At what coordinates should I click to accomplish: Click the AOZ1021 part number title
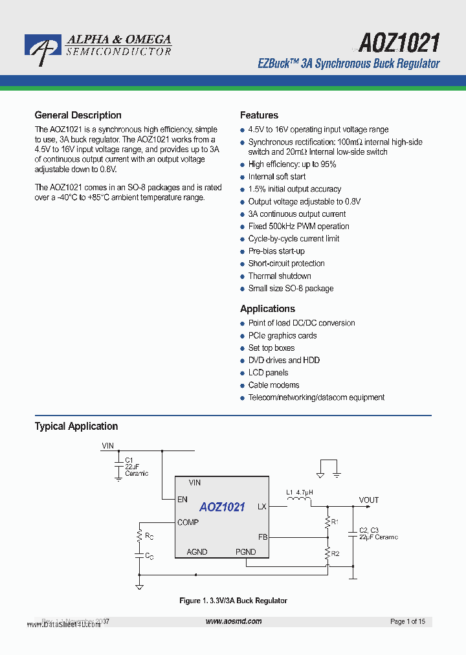399,43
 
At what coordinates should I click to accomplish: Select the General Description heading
78,115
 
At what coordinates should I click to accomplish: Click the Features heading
259,115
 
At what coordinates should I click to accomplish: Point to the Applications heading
267,309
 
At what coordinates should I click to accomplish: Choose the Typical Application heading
76,426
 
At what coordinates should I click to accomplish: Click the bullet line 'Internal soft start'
277,177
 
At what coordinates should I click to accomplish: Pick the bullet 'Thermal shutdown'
280,276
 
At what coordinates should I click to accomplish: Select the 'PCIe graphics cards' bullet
282,335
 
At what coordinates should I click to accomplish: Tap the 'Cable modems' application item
274,385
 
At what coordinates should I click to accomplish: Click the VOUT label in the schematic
369,500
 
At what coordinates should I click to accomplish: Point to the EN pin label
183,500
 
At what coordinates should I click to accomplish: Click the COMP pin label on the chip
188,522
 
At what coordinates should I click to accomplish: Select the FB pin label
262,537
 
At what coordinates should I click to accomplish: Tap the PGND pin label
245,552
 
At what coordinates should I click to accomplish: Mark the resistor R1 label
335,521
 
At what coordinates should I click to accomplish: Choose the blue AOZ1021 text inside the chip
222,507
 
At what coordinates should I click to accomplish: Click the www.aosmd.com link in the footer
234,621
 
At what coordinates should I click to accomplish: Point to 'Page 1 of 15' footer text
408,621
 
